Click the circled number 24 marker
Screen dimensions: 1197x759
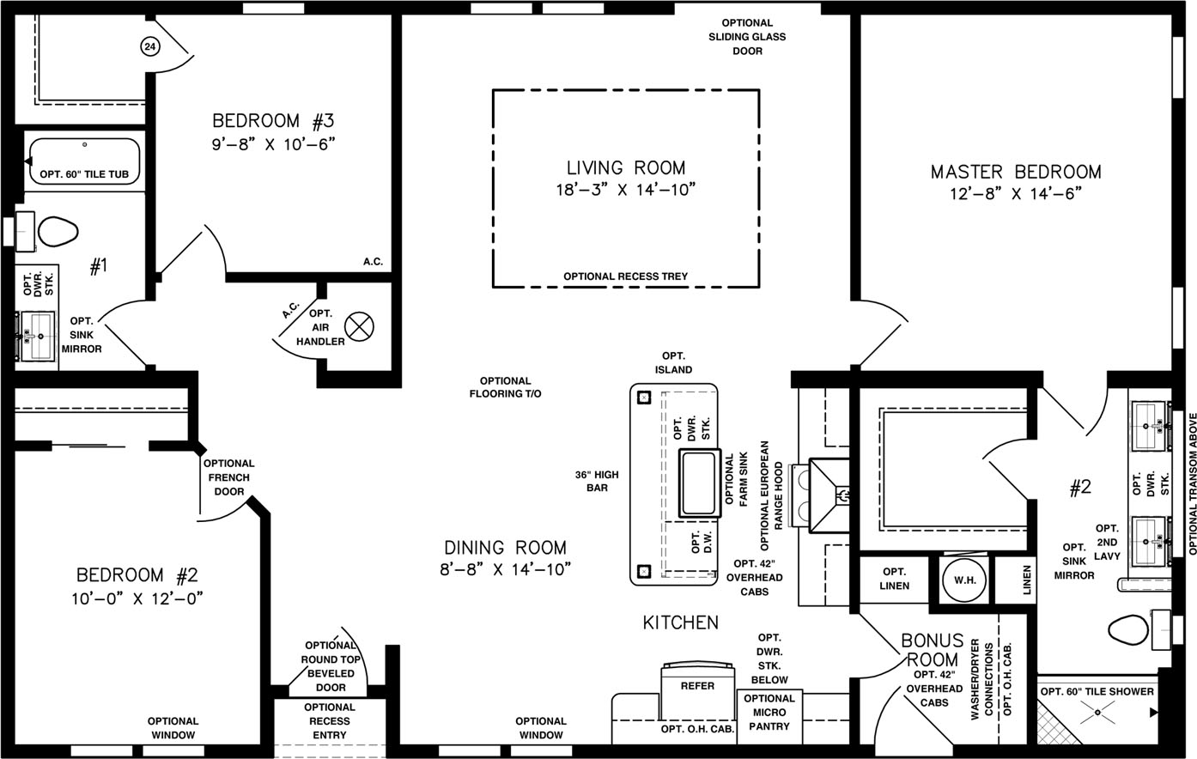coord(150,46)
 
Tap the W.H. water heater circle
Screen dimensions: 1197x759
coord(964,580)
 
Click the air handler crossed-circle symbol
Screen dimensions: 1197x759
coord(359,326)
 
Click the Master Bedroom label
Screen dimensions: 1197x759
coord(1016,172)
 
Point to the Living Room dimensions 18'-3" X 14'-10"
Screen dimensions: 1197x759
coord(626,190)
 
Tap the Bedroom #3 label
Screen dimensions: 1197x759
coord(273,121)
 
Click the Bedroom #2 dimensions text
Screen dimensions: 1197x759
coord(138,598)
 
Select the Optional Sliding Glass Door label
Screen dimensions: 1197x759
coord(747,37)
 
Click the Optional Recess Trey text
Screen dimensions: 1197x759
coord(626,276)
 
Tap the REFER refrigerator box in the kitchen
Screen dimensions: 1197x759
coord(697,690)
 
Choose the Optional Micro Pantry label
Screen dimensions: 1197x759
coord(769,713)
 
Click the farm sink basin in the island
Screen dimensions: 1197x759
coord(699,483)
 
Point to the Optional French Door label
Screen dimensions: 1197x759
coord(228,477)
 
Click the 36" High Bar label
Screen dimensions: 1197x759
coord(597,481)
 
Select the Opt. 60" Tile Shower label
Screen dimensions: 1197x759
coord(1097,692)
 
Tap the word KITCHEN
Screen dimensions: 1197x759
coord(680,622)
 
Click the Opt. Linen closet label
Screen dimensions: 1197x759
coord(894,579)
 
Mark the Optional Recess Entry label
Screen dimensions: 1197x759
coord(330,721)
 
